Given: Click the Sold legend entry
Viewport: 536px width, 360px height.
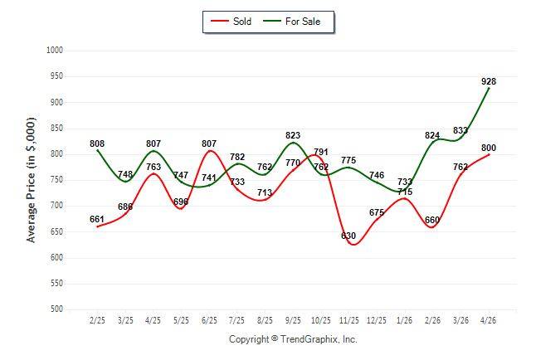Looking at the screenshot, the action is (x=231, y=22).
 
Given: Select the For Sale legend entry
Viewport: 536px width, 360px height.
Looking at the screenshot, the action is (x=291, y=22).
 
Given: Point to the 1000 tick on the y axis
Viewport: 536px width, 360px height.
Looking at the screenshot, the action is (x=55, y=51).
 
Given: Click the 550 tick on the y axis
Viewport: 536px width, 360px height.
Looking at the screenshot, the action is (x=56, y=284).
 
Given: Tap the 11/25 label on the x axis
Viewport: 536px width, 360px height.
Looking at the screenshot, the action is (x=349, y=320).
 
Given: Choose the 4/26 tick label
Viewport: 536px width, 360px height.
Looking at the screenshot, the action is (x=488, y=320).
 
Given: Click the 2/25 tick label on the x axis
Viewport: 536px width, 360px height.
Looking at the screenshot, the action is (x=97, y=320).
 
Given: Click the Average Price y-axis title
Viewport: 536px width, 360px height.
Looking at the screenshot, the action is (x=31, y=180).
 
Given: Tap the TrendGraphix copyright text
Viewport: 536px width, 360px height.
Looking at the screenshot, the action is (x=293, y=339).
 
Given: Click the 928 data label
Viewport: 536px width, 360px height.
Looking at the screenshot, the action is (x=489, y=81).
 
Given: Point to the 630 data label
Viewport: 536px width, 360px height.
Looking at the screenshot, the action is (x=348, y=236).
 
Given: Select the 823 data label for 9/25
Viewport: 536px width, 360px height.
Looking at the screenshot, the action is (x=293, y=135).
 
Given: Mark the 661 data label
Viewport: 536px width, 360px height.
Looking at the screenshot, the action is (x=97, y=219).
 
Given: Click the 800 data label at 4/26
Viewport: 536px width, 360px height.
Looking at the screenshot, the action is (x=489, y=148).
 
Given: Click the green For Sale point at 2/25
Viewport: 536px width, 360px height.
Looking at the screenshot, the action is (x=98, y=150).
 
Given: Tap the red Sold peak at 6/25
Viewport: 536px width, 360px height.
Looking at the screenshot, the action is (x=210, y=151).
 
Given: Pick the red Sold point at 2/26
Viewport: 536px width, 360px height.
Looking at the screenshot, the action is (x=432, y=227).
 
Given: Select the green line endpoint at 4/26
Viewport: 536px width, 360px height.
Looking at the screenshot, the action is (x=489, y=88).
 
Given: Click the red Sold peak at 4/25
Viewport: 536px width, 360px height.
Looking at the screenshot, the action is (x=153, y=173).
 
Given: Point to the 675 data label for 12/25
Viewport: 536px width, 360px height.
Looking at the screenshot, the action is (x=377, y=212).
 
